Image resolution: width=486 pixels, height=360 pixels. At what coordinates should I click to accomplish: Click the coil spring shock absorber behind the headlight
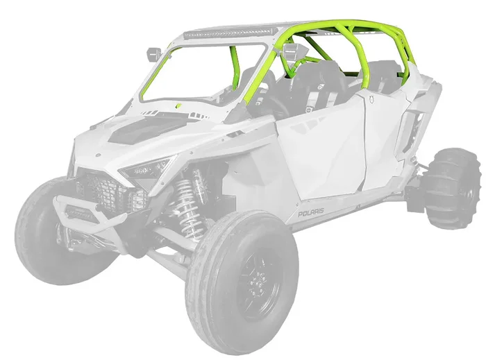tap(185, 201)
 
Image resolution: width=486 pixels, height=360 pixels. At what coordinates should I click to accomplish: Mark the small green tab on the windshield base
tap(178, 106)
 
